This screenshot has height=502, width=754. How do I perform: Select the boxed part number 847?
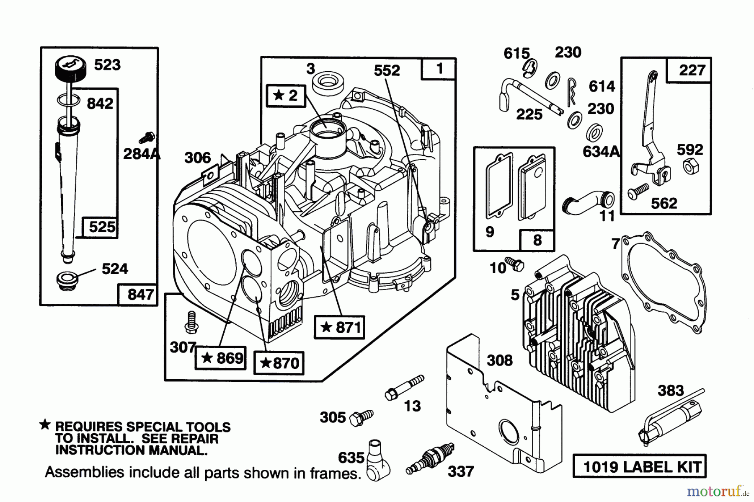(x=140, y=294)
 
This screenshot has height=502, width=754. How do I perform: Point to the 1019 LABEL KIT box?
(x=639, y=466)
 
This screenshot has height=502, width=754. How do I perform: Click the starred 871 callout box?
(x=339, y=327)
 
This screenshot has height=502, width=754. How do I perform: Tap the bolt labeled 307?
(x=191, y=323)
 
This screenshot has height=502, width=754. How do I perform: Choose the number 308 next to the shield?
(x=500, y=360)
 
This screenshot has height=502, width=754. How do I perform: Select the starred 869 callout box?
(x=220, y=358)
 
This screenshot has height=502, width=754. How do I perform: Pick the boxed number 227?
(x=692, y=70)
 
